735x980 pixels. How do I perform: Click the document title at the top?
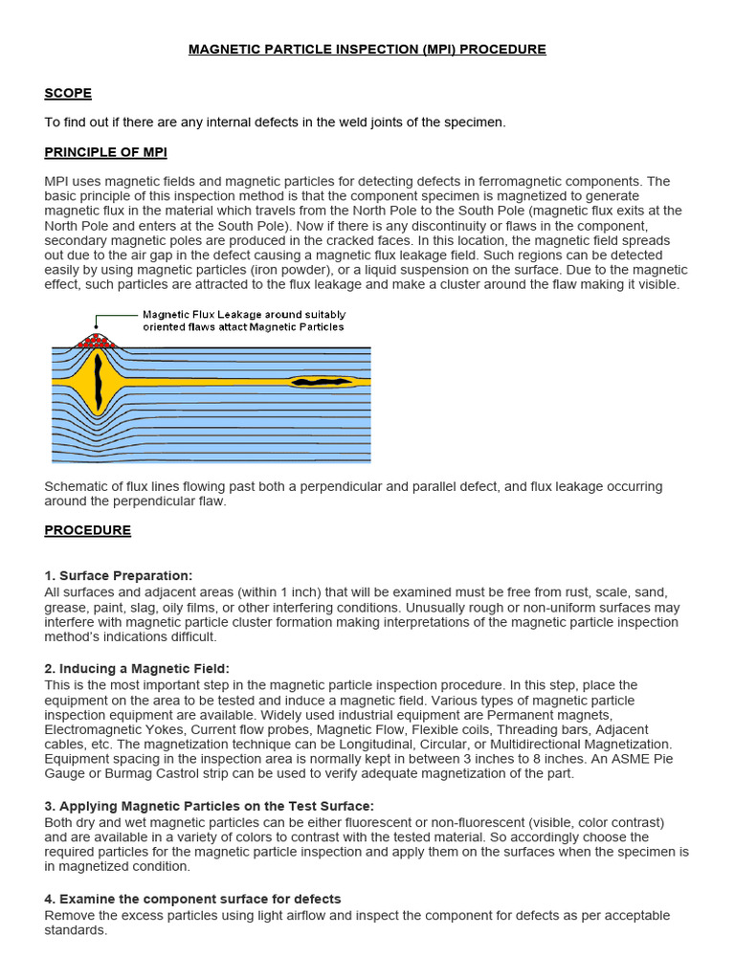pos(367,49)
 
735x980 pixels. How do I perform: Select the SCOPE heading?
pos(68,93)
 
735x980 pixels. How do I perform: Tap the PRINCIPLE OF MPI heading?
pos(106,152)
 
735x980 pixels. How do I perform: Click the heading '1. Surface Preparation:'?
pos(119,575)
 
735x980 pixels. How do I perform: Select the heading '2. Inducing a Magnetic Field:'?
pos(137,668)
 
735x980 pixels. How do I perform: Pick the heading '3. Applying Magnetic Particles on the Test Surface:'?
pos(209,807)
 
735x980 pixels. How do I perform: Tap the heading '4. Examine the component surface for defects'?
pos(192,899)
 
